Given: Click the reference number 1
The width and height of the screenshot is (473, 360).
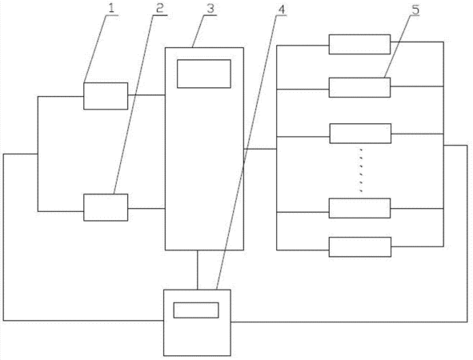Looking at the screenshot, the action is point(111,8).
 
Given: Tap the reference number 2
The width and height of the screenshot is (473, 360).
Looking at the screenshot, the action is point(160,8).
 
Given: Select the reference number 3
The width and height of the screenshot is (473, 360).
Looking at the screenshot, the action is point(210,8).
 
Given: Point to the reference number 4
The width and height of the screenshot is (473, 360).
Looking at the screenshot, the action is point(281,10).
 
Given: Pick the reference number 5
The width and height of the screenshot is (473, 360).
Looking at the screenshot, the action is point(415,10).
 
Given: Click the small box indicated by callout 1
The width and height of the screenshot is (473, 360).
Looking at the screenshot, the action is point(106,96).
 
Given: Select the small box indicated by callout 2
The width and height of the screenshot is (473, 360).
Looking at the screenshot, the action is point(106,207).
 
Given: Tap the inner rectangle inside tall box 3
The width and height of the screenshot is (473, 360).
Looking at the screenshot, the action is point(204,74).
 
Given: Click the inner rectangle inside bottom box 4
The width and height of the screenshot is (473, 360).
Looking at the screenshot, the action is point(196,310).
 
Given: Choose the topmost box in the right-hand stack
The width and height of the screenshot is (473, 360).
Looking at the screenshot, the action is point(359,44).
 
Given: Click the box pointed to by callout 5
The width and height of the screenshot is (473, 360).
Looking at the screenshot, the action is point(359,87).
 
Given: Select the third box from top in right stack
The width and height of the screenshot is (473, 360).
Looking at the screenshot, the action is point(360,134).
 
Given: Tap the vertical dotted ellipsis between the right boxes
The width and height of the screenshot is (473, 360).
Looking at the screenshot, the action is point(360,170).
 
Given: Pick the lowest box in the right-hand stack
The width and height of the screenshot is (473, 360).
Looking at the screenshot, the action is point(360,247).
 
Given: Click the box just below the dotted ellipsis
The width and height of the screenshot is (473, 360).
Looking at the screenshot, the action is point(359,208).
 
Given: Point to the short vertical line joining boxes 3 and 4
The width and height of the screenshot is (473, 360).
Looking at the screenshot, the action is point(198,270).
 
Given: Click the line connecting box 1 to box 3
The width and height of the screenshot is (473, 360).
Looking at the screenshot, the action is point(146,95).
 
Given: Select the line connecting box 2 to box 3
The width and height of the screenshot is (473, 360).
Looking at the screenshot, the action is point(146,208).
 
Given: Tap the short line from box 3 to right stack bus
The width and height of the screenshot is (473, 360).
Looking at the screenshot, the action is point(260,149).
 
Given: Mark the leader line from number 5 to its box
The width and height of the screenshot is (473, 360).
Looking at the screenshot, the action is point(397,46).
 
